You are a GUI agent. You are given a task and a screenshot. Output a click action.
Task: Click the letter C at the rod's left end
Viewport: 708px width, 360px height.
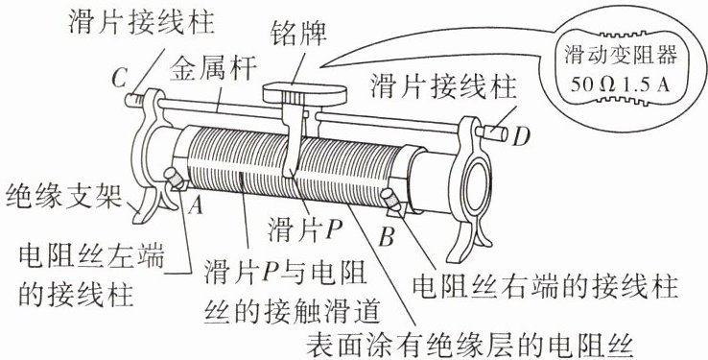[x=119, y=79]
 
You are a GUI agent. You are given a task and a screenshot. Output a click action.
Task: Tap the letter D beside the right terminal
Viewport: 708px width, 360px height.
[x=521, y=136]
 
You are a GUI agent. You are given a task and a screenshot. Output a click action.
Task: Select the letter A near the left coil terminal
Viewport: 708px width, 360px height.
[x=196, y=205]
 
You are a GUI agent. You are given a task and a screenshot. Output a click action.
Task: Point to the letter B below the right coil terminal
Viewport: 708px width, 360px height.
[x=386, y=237]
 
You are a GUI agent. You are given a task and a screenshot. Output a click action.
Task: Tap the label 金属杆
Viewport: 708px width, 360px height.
[x=213, y=68]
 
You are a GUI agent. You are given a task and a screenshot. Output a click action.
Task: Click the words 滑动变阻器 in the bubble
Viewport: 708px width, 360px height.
[x=621, y=56]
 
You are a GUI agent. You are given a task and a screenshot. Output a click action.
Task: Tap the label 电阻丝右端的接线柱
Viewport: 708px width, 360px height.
[x=546, y=285]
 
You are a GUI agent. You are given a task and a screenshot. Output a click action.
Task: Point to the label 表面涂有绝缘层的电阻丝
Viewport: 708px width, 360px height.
[x=471, y=345]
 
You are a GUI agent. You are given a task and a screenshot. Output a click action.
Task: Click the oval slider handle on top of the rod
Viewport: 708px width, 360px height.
[x=305, y=92]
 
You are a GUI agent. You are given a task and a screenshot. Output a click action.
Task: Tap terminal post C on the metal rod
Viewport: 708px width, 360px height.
[x=134, y=100]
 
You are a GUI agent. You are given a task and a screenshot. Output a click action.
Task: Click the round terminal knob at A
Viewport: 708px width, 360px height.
[x=175, y=178]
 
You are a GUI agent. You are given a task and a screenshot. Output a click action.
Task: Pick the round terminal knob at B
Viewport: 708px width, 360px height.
[x=391, y=199]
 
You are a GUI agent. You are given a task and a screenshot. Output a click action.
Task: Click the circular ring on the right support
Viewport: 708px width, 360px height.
[x=477, y=185]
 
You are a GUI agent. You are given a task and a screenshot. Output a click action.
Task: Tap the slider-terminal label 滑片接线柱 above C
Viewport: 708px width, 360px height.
[x=141, y=22]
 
